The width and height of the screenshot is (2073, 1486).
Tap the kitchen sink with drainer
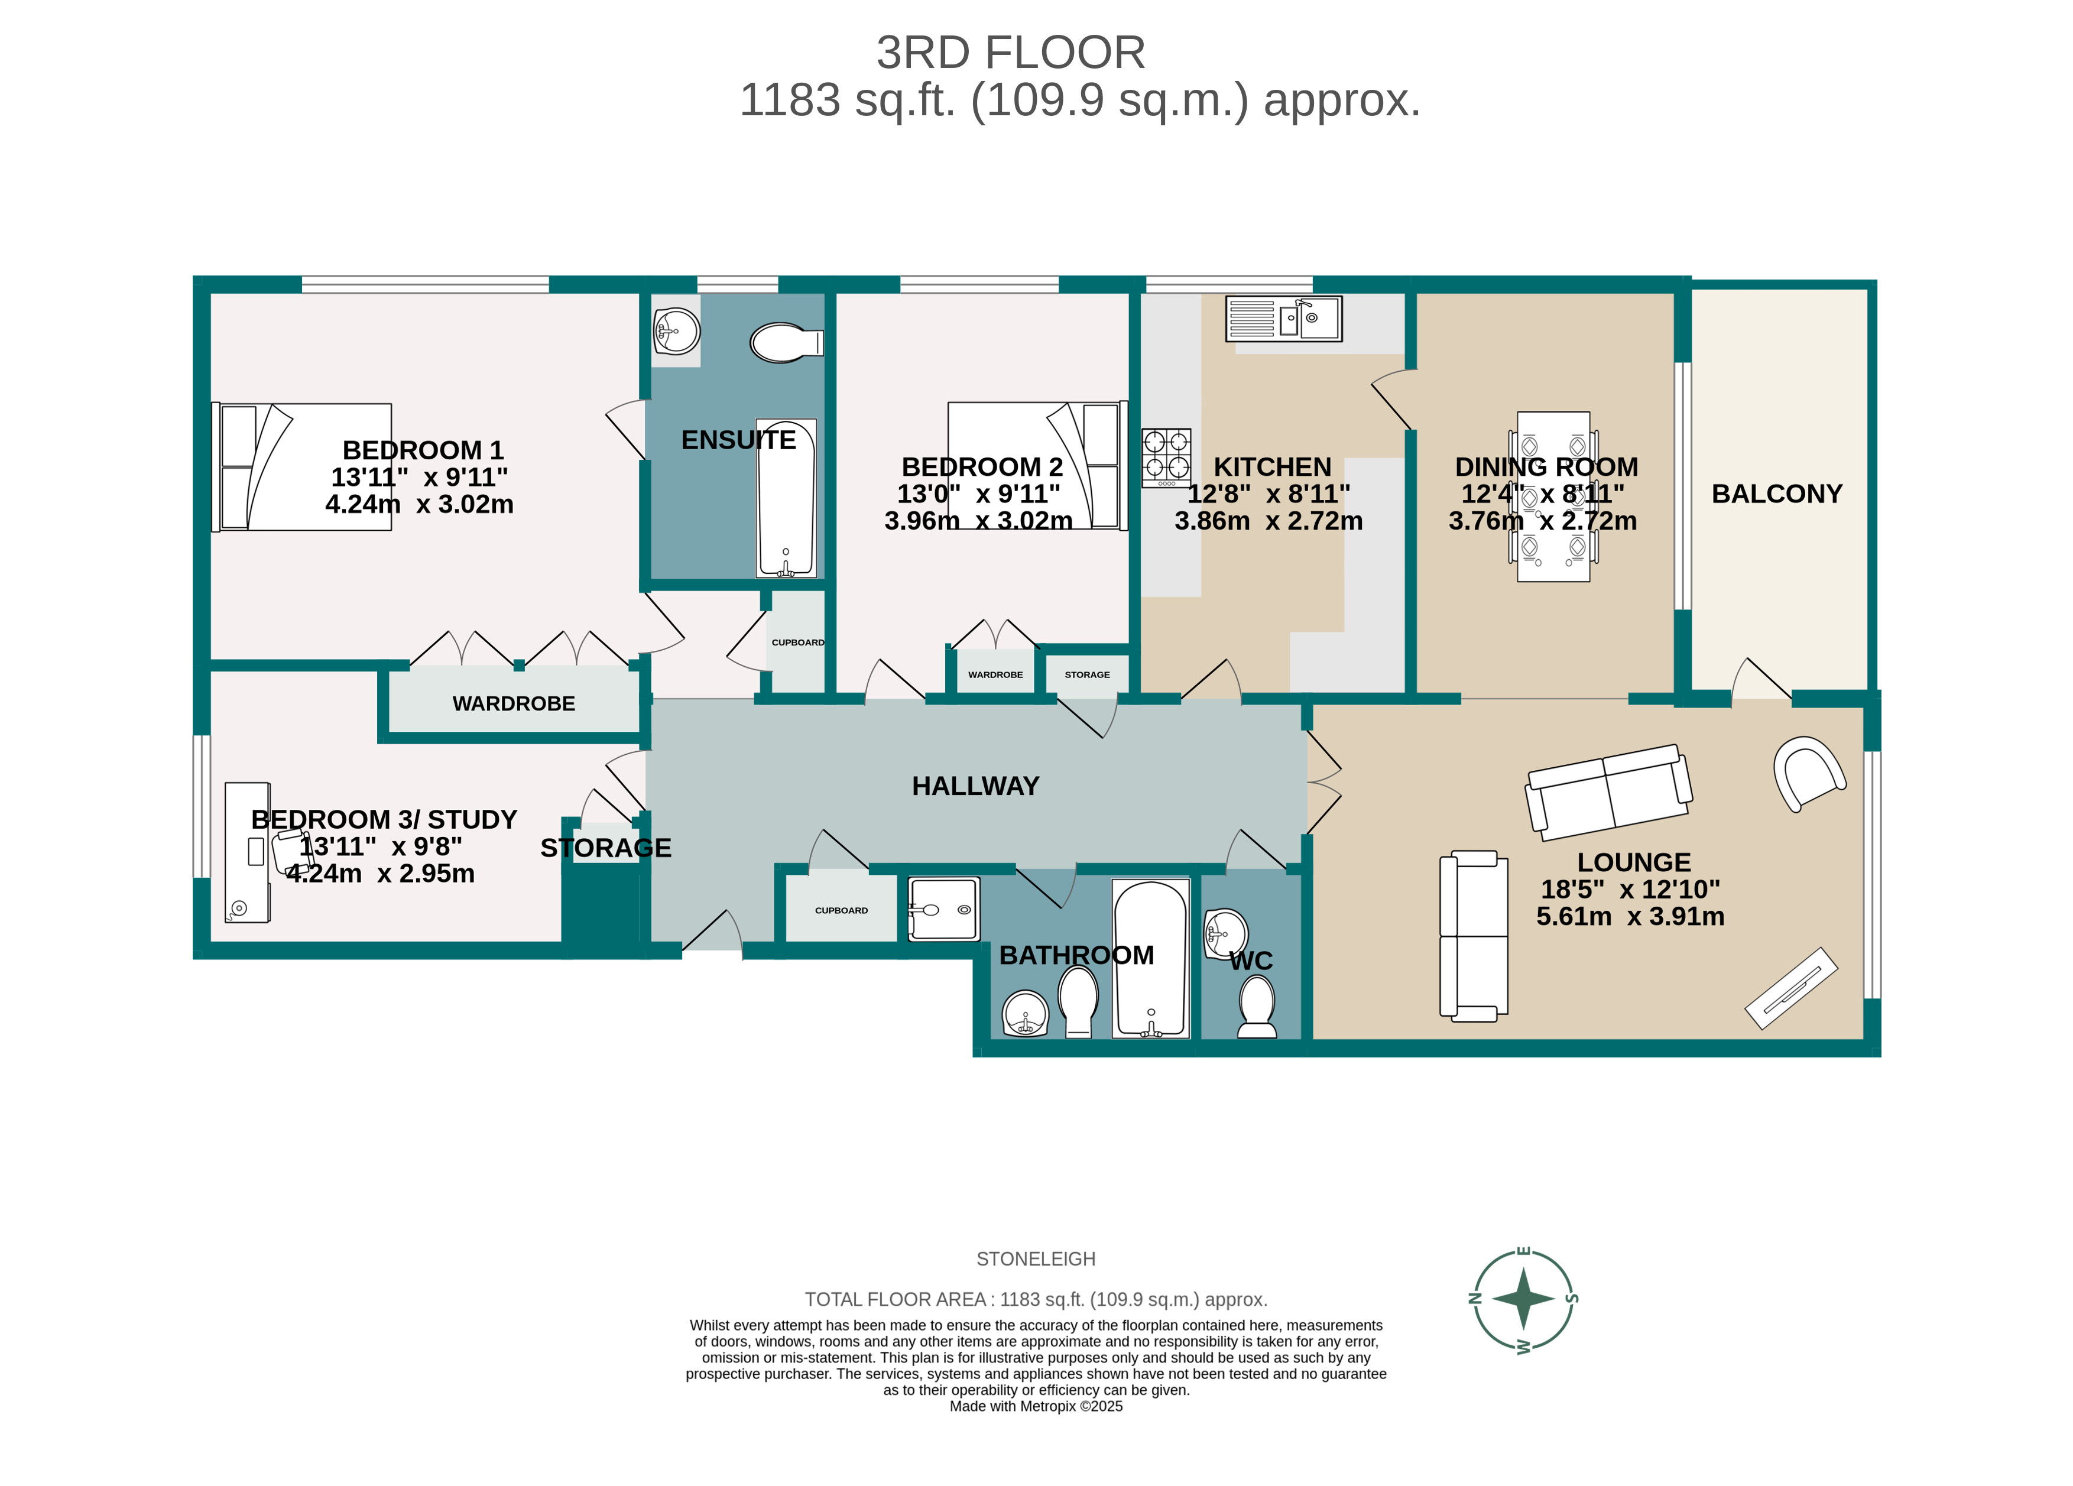click(1283, 319)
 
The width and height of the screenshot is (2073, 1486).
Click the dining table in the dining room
click(1553, 497)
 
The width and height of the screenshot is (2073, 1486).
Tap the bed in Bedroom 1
click(301, 467)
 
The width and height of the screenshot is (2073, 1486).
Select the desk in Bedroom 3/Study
click(247, 852)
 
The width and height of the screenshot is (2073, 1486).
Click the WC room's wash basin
click(1225, 934)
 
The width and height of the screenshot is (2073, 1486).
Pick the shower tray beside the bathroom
click(943, 909)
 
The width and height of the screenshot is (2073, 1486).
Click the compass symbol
click(1523, 1299)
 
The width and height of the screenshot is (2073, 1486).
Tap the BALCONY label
click(1776, 494)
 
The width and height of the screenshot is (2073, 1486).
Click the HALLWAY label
click(975, 787)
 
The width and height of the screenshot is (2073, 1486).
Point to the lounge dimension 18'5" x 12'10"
click(1630, 889)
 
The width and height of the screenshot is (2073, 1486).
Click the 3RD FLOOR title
click(1010, 53)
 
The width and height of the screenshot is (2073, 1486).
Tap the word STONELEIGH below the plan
click(1036, 1260)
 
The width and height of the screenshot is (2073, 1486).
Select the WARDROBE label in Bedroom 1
click(514, 704)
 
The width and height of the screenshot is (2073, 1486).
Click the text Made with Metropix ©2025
click(1036, 1406)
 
